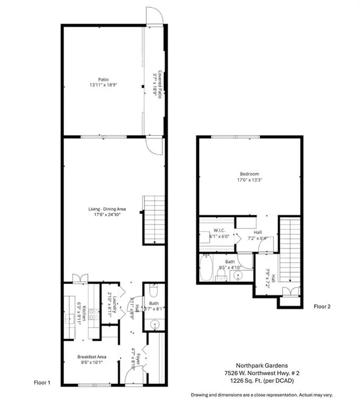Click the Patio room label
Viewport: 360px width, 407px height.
point(95,79)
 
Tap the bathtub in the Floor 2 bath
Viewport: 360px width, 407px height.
point(206,268)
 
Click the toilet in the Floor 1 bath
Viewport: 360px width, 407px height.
point(153,290)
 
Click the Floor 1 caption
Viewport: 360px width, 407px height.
point(42,382)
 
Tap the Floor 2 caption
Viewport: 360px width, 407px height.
point(322,306)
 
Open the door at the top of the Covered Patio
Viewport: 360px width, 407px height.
point(154,16)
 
